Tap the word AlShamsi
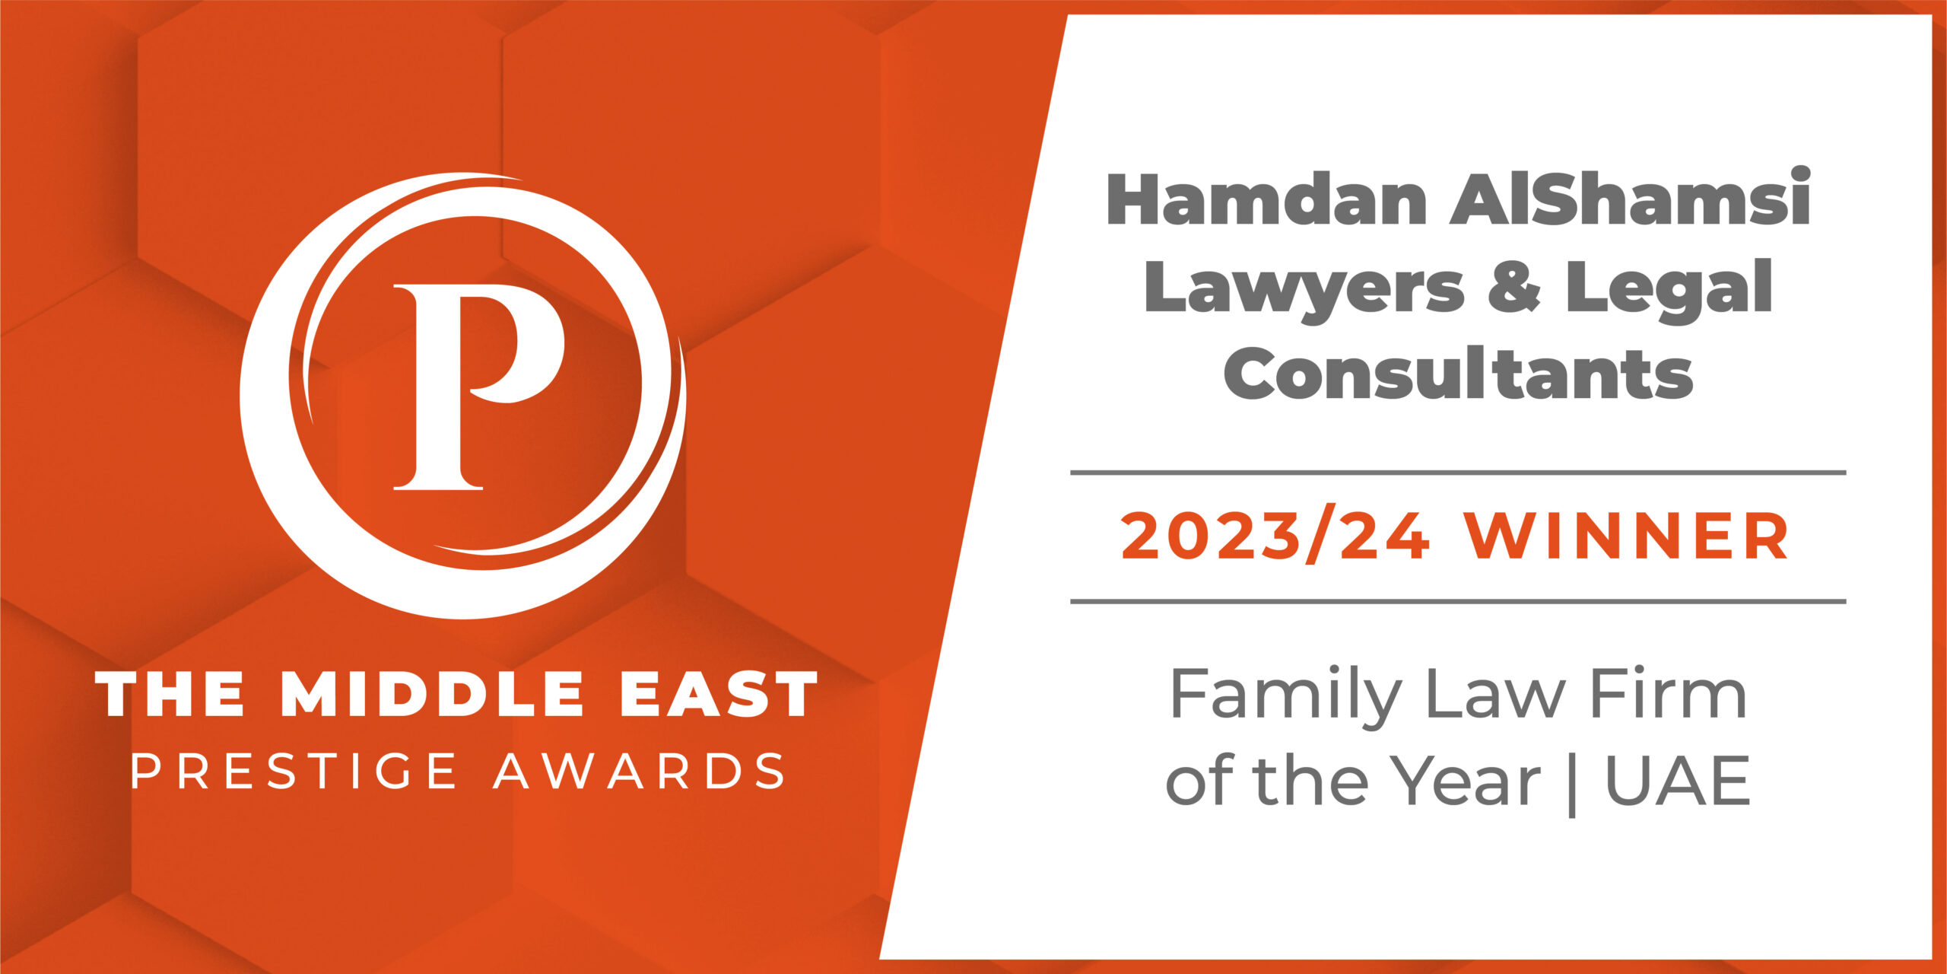(1631, 199)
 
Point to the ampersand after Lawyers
(1514, 287)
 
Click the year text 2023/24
(1275, 536)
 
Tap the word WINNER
(1628, 536)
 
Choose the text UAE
(1678, 781)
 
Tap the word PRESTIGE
(294, 772)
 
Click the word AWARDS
(639, 772)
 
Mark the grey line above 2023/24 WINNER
(1458, 473)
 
